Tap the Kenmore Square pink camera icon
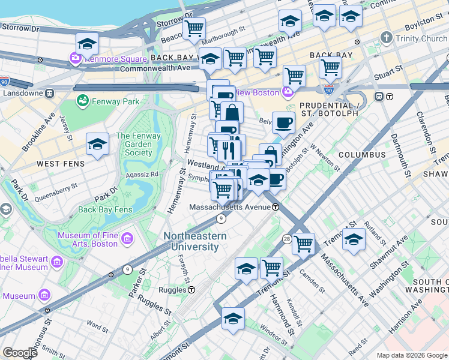click(76, 59)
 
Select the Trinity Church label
click(422, 39)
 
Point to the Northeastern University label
click(196, 241)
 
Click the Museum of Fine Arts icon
click(127, 239)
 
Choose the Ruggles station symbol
click(191, 289)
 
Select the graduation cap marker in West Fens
click(97, 145)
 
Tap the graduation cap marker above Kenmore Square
click(87, 44)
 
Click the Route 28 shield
click(287, 239)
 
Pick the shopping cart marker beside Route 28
click(303, 244)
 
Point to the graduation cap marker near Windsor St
click(233, 319)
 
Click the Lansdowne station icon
click(50, 94)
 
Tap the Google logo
click(20, 353)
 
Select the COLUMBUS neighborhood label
click(361, 155)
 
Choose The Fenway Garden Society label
click(138, 144)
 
